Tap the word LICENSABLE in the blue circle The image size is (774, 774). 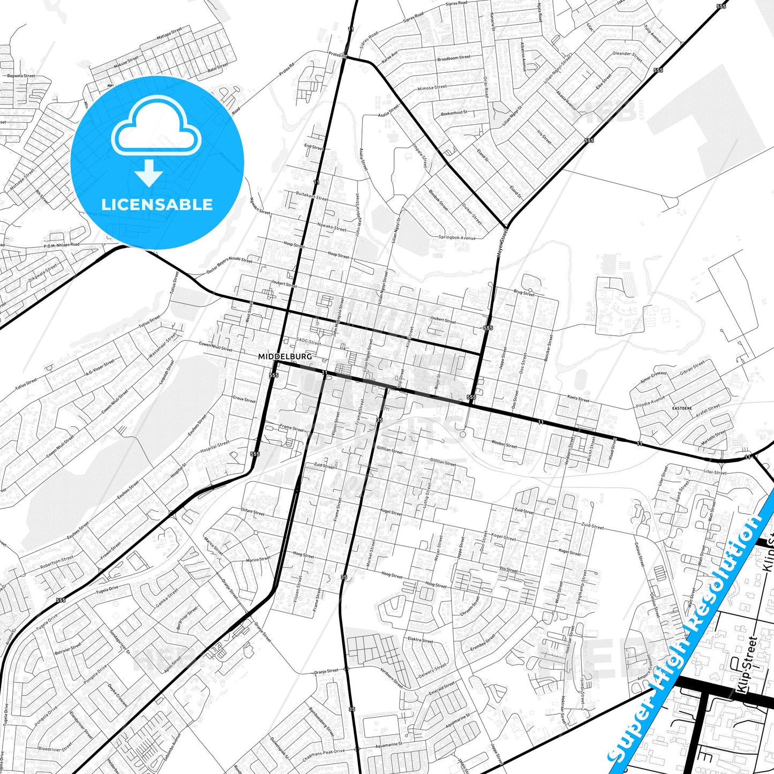tap(157, 205)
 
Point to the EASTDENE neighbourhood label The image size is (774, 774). tap(682, 408)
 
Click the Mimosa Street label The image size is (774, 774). tap(431, 87)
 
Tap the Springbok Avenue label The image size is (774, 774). tap(457, 237)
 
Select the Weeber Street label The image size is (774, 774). tap(504, 444)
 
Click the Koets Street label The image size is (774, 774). tap(578, 399)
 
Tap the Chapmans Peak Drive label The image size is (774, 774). tap(324, 755)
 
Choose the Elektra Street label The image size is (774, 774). tap(420, 640)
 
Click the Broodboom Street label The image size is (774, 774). tap(454, 58)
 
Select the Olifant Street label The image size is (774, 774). tap(253, 513)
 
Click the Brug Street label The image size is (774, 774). tap(524, 293)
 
